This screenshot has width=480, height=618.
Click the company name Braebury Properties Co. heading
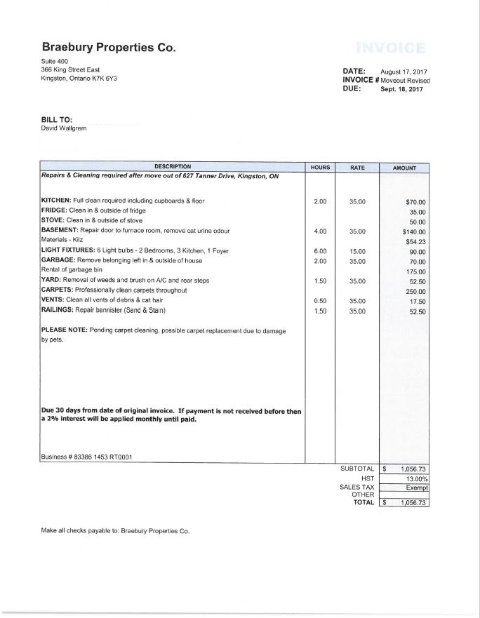click(x=108, y=48)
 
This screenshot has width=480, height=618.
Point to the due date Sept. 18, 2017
click(x=401, y=90)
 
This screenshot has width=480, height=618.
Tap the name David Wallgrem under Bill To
click(x=64, y=128)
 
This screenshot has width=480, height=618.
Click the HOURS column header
click(x=319, y=168)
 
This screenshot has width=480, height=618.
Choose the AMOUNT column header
click(x=404, y=168)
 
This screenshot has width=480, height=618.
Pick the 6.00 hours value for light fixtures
click(x=319, y=251)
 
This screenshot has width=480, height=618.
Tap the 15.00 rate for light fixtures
click(x=357, y=251)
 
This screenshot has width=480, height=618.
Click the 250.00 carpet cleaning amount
click(x=418, y=291)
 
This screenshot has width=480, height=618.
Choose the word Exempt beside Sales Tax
click(x=417, y=486)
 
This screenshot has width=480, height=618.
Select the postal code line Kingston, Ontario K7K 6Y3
click(x=79, y=79)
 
